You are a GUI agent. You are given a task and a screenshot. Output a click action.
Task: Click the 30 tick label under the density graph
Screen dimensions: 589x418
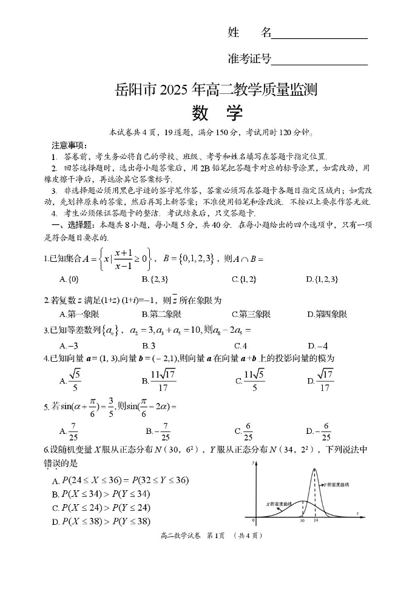[302, 521]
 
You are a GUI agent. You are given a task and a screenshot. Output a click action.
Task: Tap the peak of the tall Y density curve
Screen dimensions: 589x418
[314, 469]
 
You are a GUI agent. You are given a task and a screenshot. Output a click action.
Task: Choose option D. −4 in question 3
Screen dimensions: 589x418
[317, 346]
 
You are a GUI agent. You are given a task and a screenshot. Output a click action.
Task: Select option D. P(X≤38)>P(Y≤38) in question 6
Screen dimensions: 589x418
[101, 521]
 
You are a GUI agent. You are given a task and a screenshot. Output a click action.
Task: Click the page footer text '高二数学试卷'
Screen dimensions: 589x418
[180, 536]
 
